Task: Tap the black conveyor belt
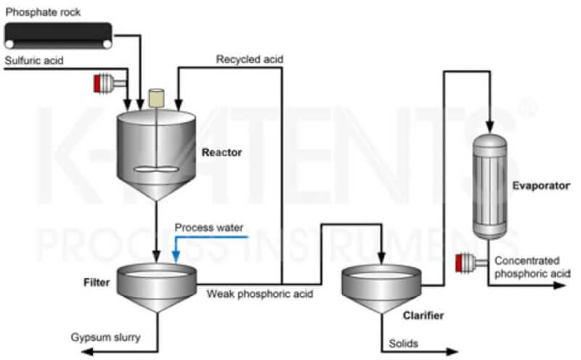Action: [58, 33]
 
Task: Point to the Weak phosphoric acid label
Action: [251, 294]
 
